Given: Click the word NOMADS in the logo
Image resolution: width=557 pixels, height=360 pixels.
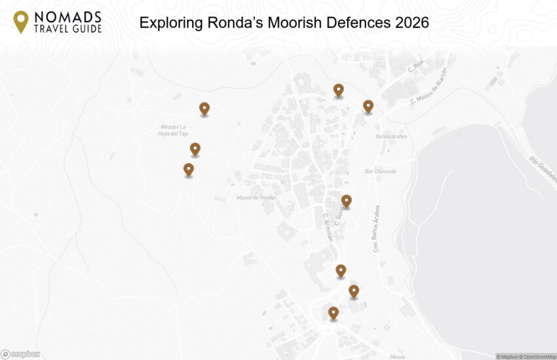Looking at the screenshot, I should coord(67,16).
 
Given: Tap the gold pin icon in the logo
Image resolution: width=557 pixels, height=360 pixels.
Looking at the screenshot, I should coord(22,22).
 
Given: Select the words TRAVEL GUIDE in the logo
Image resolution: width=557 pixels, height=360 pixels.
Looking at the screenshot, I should coord(67,28).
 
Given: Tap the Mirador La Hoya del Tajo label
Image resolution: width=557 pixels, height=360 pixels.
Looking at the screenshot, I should coord(174,130).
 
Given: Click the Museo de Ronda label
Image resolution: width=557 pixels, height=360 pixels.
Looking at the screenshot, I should coord(255,198).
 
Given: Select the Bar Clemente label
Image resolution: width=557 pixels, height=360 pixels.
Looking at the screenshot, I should coord(380,172).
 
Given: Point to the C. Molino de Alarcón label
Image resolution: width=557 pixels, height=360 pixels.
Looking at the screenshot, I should coord(429,87).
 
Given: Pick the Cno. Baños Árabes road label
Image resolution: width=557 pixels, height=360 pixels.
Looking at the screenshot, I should coord(377,228).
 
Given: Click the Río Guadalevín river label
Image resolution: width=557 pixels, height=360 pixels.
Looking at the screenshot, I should coord(543,170).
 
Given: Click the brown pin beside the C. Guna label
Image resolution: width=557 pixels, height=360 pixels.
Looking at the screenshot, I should coord(346,201).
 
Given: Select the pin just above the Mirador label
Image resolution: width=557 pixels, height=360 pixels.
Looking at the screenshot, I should coord(204,108).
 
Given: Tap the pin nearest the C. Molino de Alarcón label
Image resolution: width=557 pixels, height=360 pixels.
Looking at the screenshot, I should coord(368,106).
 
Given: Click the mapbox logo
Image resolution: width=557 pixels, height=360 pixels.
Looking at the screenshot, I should coord(21,354).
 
